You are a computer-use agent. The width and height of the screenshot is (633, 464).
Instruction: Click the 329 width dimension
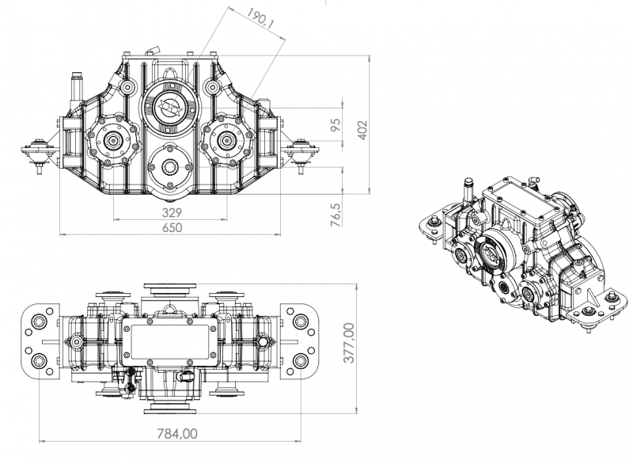tap(172, 212)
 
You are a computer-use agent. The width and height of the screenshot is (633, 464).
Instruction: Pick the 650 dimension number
tap(172, 227)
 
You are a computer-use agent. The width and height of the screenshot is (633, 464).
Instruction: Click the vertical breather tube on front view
tap(78, 88)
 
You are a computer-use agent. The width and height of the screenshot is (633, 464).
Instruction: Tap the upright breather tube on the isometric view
tap(466, 193)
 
